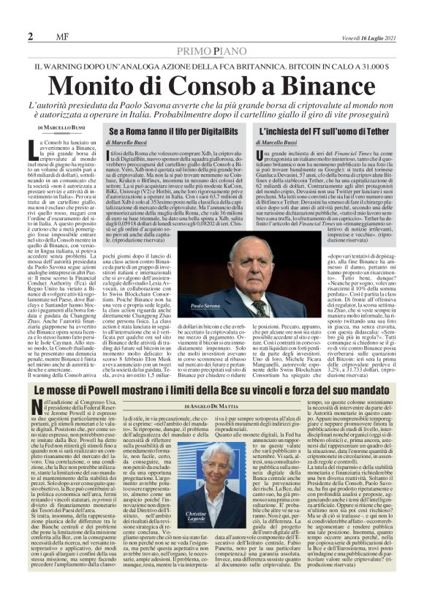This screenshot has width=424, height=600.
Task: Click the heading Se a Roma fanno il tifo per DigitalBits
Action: point(175,131)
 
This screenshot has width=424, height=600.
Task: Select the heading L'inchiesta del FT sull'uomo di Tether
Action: point(322,131)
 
